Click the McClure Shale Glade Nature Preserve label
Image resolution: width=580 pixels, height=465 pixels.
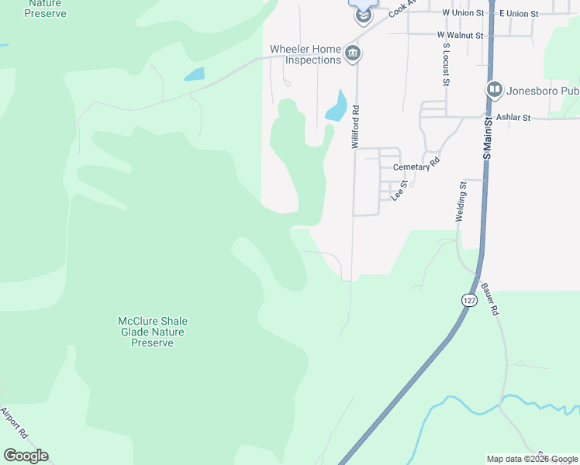152,332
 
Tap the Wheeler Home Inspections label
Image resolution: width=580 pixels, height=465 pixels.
306,54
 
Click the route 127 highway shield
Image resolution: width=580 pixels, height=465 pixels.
470,301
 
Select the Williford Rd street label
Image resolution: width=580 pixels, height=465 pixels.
355,127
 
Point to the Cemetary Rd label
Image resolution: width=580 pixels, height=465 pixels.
416,166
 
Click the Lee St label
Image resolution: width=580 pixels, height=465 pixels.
399,191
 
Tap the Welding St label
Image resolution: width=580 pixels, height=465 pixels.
461,202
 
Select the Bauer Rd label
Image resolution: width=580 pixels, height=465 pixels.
490,298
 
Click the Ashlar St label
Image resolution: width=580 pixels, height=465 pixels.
513,118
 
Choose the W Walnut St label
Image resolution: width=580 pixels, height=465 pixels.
460,36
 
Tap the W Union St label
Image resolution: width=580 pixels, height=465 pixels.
463,13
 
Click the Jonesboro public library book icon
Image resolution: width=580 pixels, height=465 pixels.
494,91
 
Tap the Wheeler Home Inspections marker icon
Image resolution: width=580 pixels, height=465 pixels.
354,53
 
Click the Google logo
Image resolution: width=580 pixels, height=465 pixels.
26,456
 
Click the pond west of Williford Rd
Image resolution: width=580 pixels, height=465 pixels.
336,106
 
